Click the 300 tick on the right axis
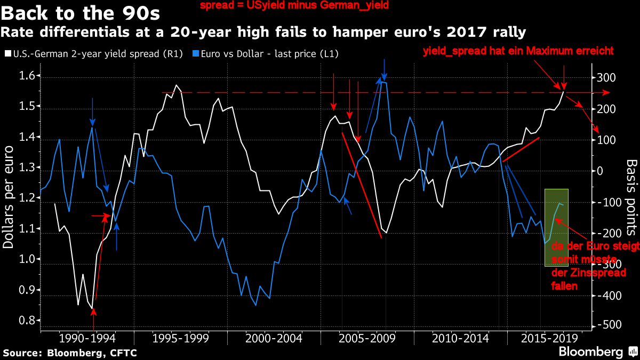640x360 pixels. pos(606,78)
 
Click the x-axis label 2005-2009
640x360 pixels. pos(366,339)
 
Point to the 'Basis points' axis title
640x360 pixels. pos(631,197)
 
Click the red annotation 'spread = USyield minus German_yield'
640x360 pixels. pos(294,6)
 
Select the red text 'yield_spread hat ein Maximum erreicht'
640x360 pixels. pos(518,51)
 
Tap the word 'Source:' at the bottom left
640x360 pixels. pos(22,353)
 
